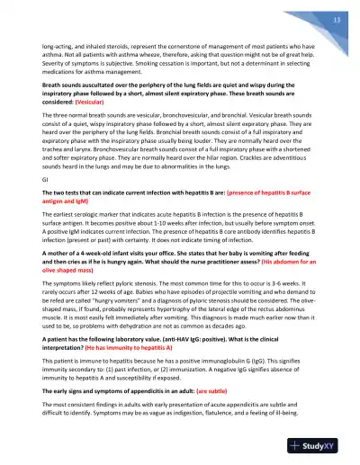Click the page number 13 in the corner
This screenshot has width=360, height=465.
point(335,20)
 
